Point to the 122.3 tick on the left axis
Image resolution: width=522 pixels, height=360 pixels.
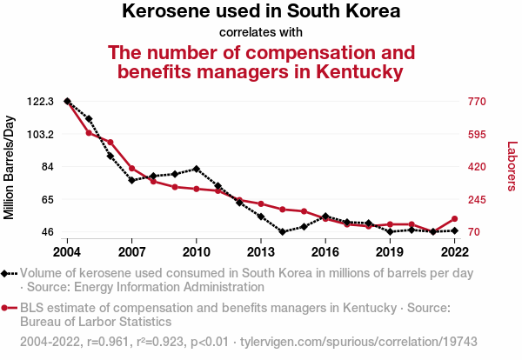(41, 102)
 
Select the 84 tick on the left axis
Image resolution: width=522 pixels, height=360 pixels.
(47, 167)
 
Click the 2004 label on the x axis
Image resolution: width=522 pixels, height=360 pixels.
(67, 252)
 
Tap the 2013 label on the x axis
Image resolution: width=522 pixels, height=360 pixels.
(261, 252)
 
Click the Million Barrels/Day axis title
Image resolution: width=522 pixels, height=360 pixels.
(10, 166)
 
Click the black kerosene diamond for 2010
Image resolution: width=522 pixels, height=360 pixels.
(197, 169)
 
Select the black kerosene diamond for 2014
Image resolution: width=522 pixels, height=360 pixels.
(283, 232)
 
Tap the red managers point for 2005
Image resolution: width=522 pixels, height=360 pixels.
(89, 133)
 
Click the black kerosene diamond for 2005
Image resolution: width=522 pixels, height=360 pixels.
(89, 118)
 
